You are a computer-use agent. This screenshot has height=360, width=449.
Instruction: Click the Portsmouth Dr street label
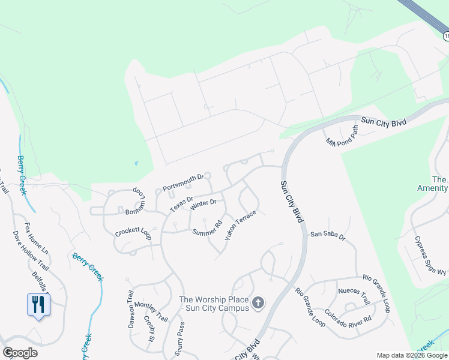184,181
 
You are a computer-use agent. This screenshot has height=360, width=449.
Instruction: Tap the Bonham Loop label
136,203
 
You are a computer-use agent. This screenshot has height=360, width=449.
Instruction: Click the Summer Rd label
207,229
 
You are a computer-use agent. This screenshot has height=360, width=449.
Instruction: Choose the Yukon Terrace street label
241,226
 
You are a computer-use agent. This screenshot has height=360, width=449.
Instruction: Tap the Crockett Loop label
133,233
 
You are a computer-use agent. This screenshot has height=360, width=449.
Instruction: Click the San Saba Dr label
328,236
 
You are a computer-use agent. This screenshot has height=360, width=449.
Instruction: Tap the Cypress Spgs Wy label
430,254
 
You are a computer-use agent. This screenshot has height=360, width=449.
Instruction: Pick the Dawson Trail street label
130,310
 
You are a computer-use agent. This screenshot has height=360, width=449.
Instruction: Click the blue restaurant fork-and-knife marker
38,304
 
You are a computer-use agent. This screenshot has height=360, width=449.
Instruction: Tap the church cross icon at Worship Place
258,303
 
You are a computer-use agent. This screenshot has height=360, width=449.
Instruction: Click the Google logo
20,353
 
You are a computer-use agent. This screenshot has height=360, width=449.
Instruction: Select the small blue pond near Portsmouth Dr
136,163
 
